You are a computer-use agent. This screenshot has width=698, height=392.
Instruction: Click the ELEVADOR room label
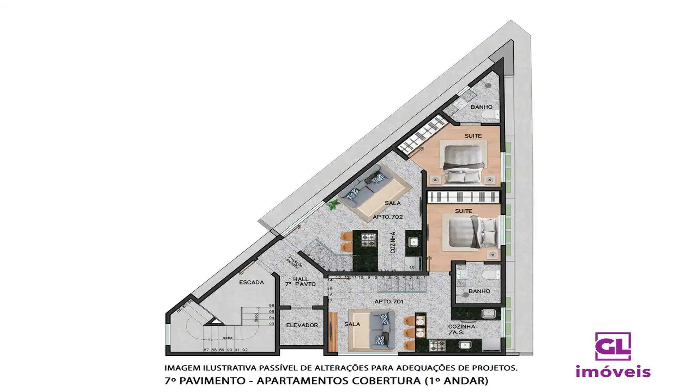coord(302,325)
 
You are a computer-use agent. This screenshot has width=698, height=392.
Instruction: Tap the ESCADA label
coord(251,283)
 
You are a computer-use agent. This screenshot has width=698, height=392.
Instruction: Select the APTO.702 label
coord(388,217)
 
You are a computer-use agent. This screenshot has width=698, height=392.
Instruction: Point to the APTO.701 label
coord(389,302)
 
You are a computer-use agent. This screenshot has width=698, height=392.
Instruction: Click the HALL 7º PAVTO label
coord(300,282)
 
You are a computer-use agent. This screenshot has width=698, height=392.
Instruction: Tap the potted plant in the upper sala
coord(333,205)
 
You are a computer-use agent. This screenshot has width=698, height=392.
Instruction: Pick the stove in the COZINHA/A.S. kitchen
coord(437,345)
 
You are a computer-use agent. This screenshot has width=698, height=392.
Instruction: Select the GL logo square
coord(613,346)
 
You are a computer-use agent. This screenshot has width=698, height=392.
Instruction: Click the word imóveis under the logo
coord(613,372)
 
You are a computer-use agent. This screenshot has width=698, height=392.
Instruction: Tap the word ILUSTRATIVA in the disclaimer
coord(230,368)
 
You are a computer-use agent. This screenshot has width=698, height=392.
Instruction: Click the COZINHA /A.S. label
coord(461,329)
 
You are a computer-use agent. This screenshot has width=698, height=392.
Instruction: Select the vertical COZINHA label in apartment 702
coord(393,242)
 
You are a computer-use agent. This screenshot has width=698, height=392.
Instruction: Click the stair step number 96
coord(271,305)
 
